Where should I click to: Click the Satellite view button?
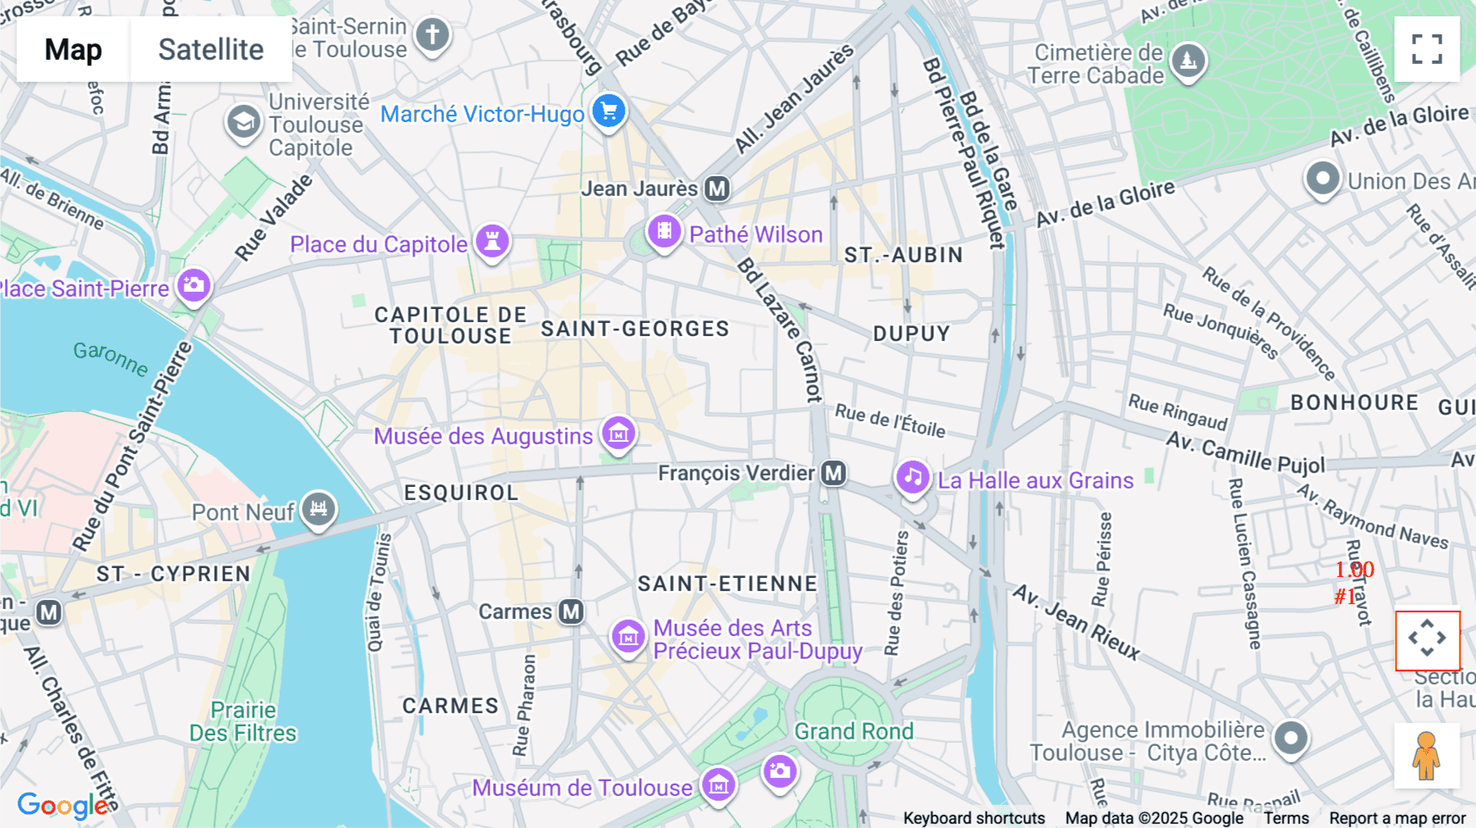pos(211,49)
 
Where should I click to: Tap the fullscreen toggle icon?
pos(1427,49)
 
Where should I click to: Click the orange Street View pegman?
pos(1427,755)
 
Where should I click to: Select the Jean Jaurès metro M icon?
pos(717,189)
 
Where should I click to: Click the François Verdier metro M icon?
pos(833,473)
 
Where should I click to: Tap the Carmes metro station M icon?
pos(571,612)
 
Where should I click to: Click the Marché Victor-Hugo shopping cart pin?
pos(608,111)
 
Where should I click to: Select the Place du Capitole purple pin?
pos(492,241)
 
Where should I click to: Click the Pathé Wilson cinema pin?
pos(664,232)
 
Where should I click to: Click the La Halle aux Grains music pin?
pos(912,477)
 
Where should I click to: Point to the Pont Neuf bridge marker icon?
pos(318,509)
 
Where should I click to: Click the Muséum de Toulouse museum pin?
pos(718,785)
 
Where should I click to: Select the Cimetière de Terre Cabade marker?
pos(1187,61)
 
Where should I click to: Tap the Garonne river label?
pos(111,358)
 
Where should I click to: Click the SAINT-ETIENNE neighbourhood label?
pos(727,584)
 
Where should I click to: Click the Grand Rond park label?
pos(854,731)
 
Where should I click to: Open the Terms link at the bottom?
pos(1286,818)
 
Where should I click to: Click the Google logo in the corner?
pos(61,805)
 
